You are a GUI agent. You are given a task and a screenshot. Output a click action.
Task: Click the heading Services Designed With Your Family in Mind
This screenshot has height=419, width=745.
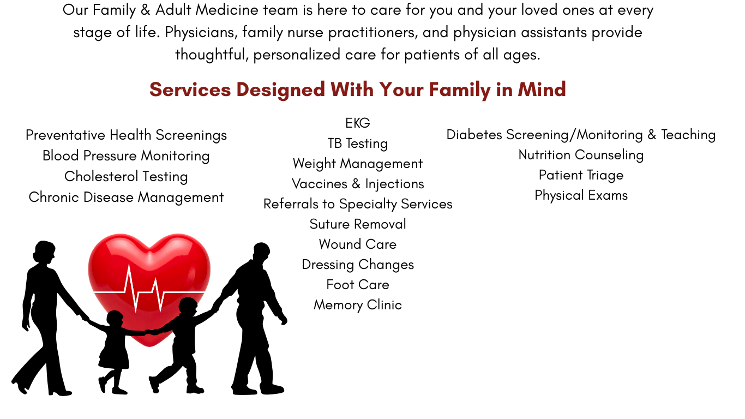click(357, 89)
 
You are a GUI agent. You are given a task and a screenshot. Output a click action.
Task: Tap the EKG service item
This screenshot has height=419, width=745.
click(358, 123)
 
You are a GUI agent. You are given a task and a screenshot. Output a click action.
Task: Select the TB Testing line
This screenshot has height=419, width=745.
click(358, 143)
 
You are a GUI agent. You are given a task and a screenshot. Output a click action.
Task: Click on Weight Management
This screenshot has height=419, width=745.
click(358, 164)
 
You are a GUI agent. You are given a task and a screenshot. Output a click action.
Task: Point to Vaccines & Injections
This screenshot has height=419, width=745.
click(358, 184)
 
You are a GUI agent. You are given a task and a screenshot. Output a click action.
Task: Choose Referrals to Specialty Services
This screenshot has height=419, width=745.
click(358, 204)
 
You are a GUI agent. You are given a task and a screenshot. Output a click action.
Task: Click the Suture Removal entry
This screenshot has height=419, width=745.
click(358, 224)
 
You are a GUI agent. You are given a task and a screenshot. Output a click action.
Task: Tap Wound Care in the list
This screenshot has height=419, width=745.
click(358, 244)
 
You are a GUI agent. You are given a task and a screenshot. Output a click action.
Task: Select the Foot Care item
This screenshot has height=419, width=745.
click(358, 285)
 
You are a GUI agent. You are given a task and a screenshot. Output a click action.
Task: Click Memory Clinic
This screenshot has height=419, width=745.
click(358, 305)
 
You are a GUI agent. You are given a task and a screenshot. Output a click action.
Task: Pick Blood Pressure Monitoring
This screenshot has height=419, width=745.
click(126, 156)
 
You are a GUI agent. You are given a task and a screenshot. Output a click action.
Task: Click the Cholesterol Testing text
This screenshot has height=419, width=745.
click(126, 177)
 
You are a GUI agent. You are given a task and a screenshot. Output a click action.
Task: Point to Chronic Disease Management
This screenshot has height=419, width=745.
click(126, 197)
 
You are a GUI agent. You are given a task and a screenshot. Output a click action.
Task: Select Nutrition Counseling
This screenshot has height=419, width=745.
click(581, 155)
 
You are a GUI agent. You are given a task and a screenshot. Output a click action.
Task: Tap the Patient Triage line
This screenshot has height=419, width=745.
click(581, 175)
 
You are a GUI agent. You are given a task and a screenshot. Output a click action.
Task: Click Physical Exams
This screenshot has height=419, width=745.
click(581, 195)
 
